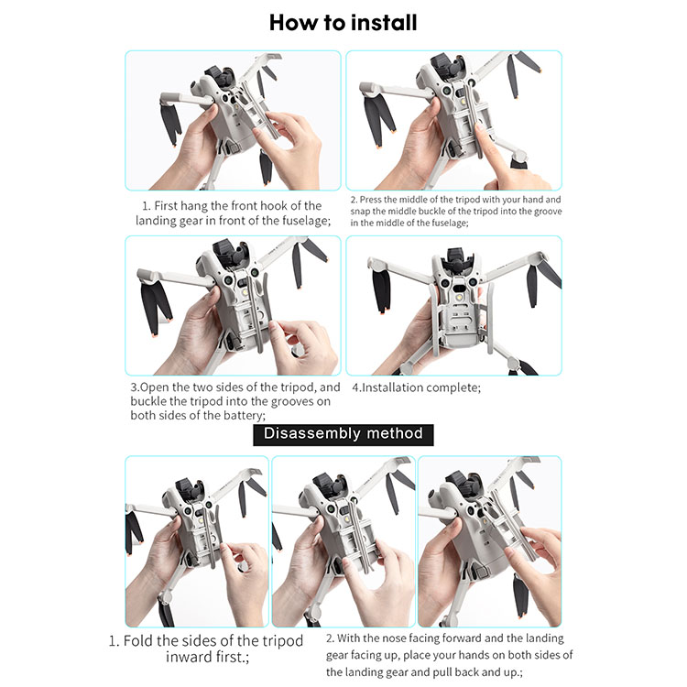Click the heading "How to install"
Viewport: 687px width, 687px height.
343,23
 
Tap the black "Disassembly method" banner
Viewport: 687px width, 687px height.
343,434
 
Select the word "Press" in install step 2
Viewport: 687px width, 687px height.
370,200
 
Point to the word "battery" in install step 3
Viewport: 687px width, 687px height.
245,415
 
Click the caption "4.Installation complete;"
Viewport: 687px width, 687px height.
416,387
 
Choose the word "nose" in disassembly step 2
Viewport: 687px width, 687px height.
394,638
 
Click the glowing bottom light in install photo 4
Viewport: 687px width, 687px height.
459,298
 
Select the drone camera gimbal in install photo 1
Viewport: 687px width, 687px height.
223,77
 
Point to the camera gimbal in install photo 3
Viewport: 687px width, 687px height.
232,254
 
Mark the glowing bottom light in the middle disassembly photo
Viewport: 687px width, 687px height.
346,519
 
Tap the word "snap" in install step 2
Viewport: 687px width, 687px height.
360,212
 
